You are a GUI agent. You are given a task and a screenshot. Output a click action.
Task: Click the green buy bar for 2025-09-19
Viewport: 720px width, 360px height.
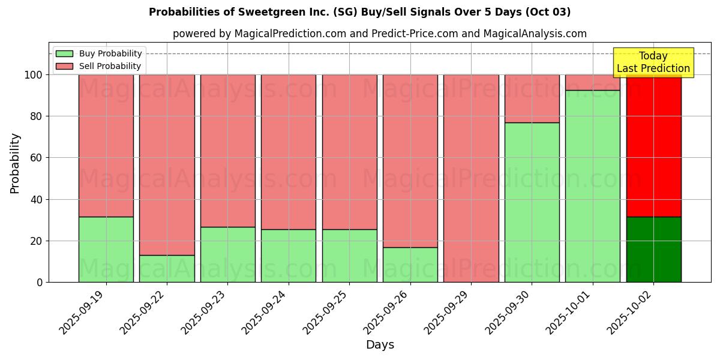[x=106, y=249]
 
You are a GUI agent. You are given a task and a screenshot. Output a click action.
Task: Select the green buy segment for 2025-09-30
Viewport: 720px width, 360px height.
[x=532, y=202]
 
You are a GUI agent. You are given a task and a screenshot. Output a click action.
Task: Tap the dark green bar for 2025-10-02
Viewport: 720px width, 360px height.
[x=653, y=249]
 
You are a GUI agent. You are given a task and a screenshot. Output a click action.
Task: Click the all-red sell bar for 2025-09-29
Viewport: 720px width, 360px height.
[x=471, y=178]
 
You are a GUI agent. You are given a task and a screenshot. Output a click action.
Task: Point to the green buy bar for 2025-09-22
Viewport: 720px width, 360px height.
[x=167, y=268]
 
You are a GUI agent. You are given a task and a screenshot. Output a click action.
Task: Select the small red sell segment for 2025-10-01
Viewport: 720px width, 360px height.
[x=593, y=82]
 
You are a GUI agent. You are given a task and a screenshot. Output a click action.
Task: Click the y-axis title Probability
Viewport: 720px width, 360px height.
[x=15, y=163]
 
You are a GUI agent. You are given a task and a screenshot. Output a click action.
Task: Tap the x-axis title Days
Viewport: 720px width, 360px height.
[x=380, y=345]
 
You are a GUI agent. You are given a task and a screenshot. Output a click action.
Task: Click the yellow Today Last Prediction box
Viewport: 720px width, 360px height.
[x=653, y=62]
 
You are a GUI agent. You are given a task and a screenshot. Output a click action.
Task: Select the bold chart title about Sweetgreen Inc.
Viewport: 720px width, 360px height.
[x=359, y=12]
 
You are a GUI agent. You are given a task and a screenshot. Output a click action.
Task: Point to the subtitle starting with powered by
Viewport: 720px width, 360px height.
[x=380, y=34]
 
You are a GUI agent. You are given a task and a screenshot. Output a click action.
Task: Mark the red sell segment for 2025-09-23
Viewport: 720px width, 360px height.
[x=227, y=151]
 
